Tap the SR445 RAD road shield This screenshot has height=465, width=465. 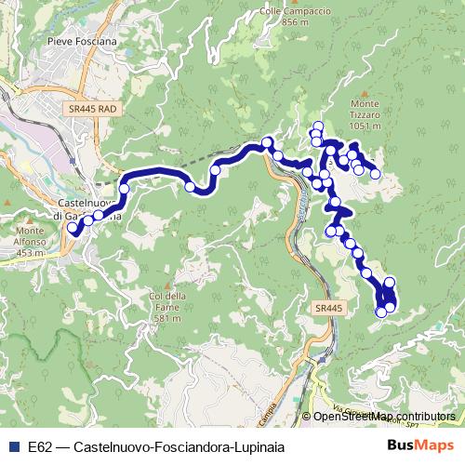point(93,109)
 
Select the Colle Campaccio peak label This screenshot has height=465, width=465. point(283,11)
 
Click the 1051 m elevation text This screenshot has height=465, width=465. point(366,126)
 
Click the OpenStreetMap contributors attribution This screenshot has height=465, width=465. point(383,417)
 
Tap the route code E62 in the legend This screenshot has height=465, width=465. point(40,445)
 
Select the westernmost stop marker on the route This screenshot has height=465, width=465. point(72,226)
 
